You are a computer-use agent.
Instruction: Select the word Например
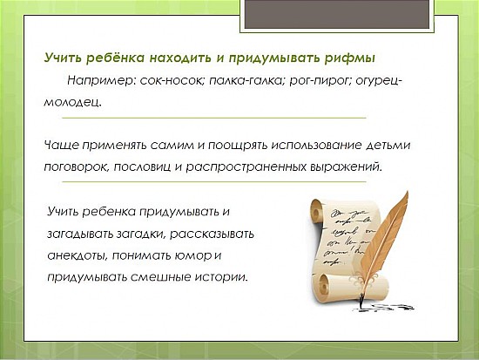click(102, 81)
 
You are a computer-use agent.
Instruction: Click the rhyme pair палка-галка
click(247, 81)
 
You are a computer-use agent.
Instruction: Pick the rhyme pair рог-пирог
click(320, 81)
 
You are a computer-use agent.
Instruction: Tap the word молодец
click(72, 102)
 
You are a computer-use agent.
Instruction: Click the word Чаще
click(62, 145)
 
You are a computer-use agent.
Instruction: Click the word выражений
click(346, 167)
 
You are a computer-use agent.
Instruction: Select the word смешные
click(161, 277)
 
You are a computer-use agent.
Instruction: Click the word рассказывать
click(212, 234)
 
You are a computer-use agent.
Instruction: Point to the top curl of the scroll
click(317, 210)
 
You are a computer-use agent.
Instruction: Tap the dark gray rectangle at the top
click(337, 14)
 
